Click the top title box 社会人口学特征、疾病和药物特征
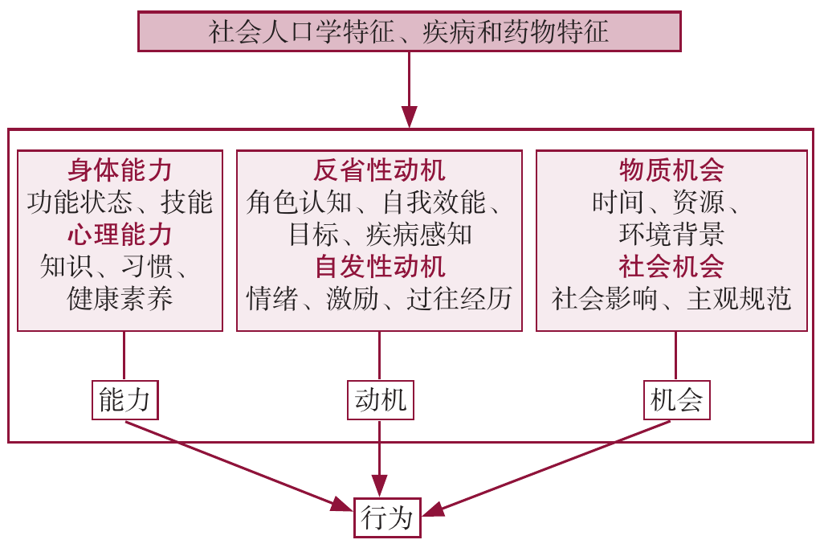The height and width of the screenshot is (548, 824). click(410, 32)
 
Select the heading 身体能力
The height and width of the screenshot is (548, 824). click(120, 170)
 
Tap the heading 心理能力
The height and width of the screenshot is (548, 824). click(120, 235)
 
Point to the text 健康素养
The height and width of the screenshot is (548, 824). click(120, 299)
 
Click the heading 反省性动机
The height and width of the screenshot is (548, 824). click(379, 170)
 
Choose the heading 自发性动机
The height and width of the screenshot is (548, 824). click(379, 266)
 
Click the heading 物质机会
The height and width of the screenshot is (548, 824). click(671, 170)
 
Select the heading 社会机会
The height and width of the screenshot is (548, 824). click(671, 266)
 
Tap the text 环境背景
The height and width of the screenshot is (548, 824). click(671, 235)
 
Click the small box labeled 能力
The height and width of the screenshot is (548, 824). click(124, 400)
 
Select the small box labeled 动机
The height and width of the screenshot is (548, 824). click(380, 400)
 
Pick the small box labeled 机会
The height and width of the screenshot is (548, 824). click(677, 400)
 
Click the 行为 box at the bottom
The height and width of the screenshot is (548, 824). click(387, 517)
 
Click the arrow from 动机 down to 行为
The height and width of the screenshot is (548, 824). click(380, 458)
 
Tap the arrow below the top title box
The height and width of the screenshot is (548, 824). click(410, 88)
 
